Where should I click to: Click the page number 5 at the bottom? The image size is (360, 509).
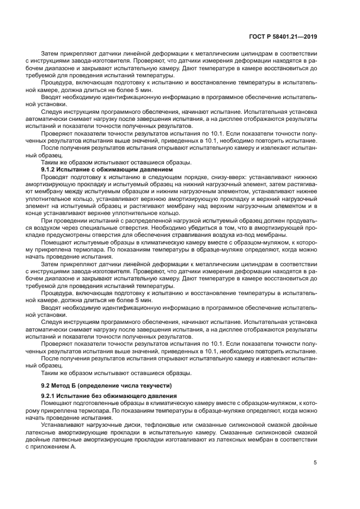point(315,463)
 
